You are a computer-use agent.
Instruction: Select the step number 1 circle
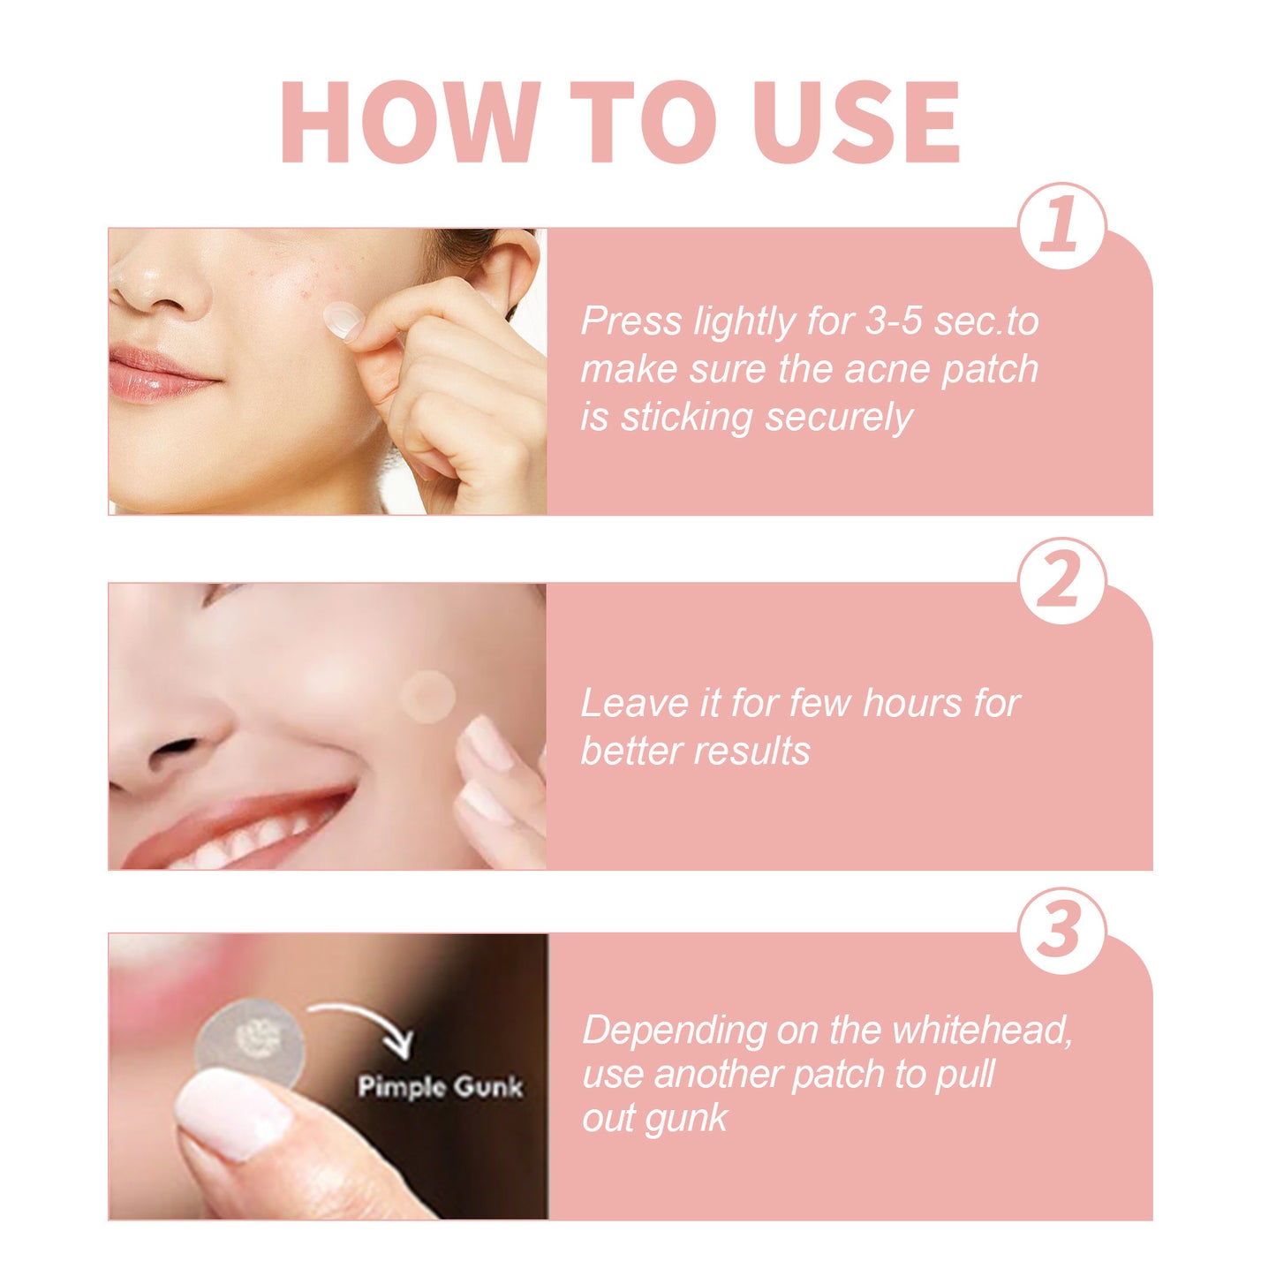click(1061, 226)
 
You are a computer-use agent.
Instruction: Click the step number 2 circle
click(1061, 581)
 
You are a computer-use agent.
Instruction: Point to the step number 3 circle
click(1061, 931)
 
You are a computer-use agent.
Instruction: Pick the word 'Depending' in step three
click(675, 1031)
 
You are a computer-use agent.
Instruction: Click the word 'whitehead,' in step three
click(982, 1031)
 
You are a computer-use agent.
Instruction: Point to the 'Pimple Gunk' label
click(440, 1086)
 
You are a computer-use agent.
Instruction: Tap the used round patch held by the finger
click(251, 1042)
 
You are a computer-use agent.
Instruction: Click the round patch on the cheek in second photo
click(427, 697)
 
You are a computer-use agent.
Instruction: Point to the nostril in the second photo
click(172, 749)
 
